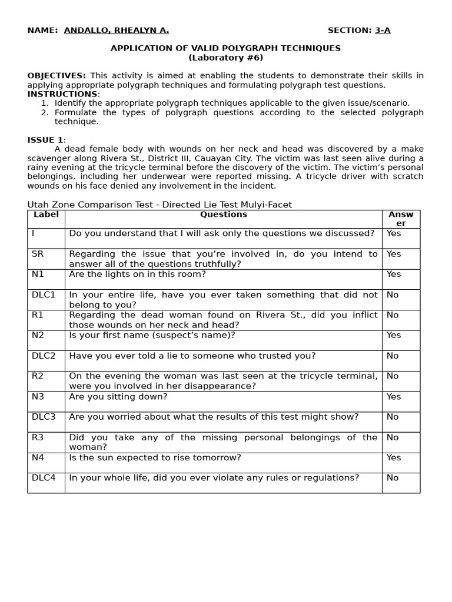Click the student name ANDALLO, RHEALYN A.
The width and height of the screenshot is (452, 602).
116,31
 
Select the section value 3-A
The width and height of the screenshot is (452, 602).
383,31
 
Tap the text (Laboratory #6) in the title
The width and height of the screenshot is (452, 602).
225,58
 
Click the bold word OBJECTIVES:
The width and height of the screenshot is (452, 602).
56,76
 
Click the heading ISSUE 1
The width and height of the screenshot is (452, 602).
45,140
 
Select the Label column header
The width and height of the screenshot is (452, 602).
46,215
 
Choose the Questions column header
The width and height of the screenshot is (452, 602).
223,215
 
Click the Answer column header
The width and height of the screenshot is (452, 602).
401,219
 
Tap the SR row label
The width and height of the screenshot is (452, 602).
38,254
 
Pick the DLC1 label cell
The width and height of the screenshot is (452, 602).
44,295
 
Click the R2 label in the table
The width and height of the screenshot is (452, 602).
38,376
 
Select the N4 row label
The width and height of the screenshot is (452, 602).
38,457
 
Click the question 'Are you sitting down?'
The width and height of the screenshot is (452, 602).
118,397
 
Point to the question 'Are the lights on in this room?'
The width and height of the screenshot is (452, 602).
138,274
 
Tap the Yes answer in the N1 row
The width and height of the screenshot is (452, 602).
394,274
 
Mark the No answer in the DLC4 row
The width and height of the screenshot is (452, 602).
393,478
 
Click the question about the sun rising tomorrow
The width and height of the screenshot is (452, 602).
155,457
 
